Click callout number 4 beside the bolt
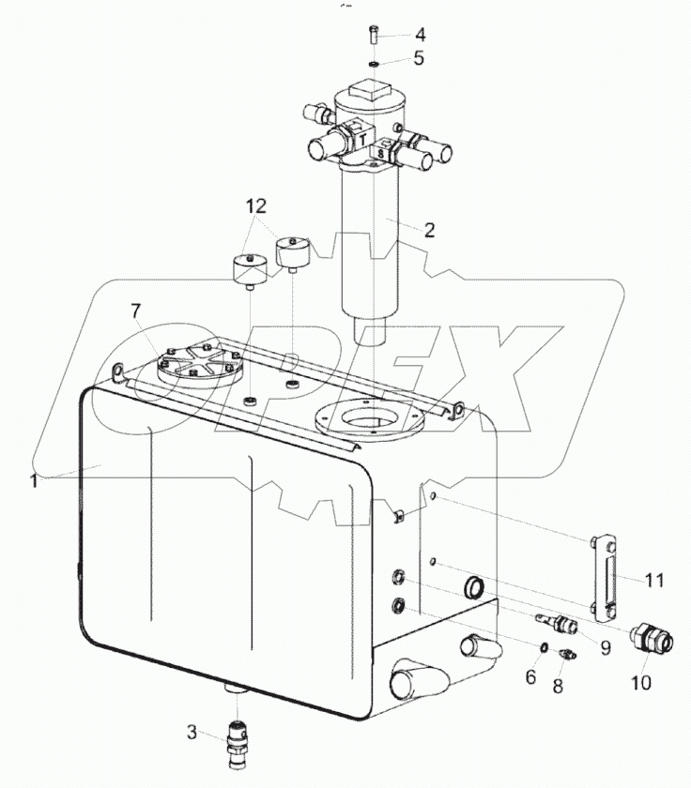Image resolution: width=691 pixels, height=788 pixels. (420, 35)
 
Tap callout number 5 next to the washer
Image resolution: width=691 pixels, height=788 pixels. (419, 58)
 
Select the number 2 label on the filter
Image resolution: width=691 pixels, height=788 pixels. (429, 230)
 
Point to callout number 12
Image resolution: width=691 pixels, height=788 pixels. (256, 206)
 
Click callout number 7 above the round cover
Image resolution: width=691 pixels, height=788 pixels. (136, 311)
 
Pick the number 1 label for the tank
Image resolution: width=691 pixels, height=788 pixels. (33, 481)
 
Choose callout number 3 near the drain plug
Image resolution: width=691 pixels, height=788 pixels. (192, 733)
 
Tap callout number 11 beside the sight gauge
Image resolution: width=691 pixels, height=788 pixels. (654, 581)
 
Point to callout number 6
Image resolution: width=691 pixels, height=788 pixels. (531, 677)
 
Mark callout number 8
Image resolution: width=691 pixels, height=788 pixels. (558, 686)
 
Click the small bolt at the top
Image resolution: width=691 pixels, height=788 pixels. (374, 33)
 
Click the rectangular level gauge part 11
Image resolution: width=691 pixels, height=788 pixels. (604, 580)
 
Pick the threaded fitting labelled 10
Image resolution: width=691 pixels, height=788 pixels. (651, 638)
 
